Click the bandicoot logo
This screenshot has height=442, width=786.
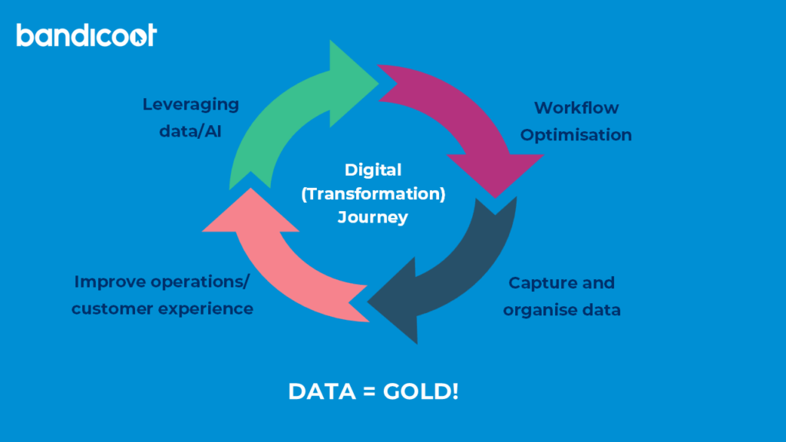click(86, 35)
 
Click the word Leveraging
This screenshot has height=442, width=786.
click(191, 104)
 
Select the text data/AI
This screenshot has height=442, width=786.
click(190, 131)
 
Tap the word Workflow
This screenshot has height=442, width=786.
click(576, 107)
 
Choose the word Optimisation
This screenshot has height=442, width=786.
click(576, 135)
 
